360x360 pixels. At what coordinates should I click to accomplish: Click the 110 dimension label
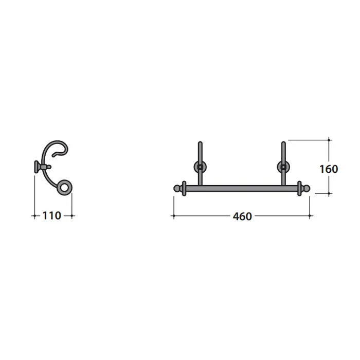(51, 215)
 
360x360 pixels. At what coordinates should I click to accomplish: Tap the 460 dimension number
(242, 217)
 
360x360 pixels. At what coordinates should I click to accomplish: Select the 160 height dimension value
(329, 169)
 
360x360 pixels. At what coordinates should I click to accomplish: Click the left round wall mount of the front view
(200, 167)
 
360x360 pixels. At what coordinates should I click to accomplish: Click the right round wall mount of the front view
(283, 167)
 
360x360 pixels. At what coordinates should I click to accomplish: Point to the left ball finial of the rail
(177, 189)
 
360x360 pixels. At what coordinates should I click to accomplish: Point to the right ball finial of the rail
(307, 189)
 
